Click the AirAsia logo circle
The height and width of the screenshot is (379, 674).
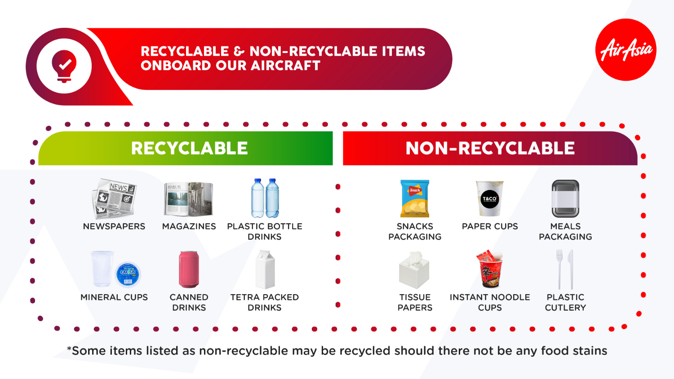[625, 49]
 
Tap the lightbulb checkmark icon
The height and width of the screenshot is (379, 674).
[64, 66]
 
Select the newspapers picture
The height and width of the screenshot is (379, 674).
[114, 199]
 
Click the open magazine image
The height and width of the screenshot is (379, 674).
[189, 199]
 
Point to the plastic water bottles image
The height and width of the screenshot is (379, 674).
[265, 198]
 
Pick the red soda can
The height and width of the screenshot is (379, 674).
[189, 269]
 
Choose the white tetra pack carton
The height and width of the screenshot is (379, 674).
[265, 269]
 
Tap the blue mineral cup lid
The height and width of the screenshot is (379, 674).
[128, 274]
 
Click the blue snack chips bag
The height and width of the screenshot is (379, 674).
[415, 198]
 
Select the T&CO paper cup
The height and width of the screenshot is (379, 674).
[489, 199]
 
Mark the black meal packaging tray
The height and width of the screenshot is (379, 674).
[565, 199]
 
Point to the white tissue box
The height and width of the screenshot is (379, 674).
[414, 270]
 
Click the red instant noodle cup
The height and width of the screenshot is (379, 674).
[490, 269]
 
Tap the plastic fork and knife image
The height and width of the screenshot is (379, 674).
[565, 269]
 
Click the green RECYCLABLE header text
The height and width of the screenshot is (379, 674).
[189, 148]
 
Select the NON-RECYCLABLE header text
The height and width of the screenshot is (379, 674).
[490, 148]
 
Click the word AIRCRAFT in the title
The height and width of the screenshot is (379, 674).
[285, 66]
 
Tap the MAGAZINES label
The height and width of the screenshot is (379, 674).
[189, 226]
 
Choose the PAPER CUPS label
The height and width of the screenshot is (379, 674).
[490, 226]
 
